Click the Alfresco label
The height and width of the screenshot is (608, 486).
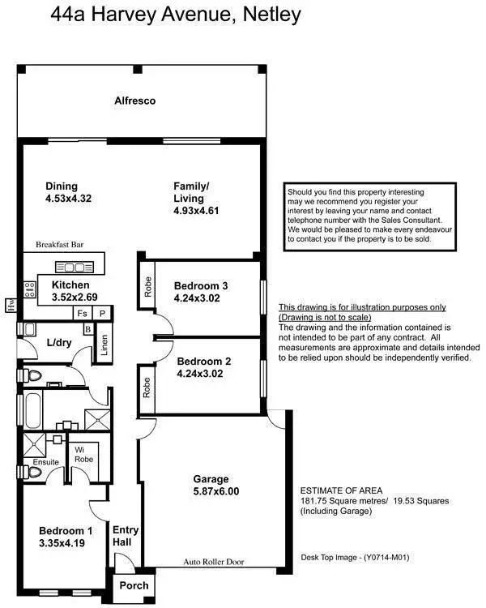pos(134,101)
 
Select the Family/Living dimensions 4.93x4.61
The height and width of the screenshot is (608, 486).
pos(197,210)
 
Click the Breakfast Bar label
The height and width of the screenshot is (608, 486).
pos(60,244)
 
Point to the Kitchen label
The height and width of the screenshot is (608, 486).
pos(70,285)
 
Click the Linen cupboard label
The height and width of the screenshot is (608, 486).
pos(103,345)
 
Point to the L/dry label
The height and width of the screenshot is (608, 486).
pos(60,342)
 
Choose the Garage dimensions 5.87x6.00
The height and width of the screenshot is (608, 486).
pos(215,491)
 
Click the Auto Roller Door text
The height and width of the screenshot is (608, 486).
pos(213,562)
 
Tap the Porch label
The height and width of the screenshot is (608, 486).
pos(134,585)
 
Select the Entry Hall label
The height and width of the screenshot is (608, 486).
pos(126,537)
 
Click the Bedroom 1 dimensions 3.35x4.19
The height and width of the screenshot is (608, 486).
pos(66,545)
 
